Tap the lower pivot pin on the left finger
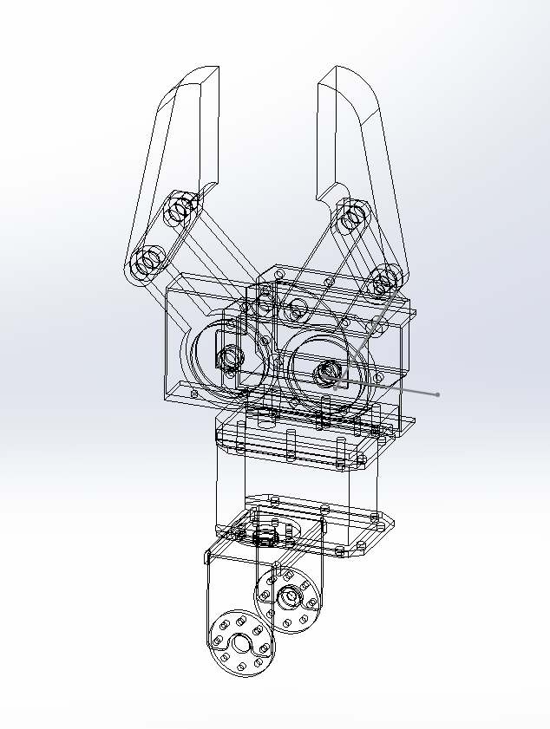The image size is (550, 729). click(x=147, y=262)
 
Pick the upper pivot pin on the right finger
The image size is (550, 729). click(x=350, y=218)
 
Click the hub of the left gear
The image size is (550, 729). click(x=231, y=356)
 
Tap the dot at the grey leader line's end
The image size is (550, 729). click(x=438, y=394)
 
